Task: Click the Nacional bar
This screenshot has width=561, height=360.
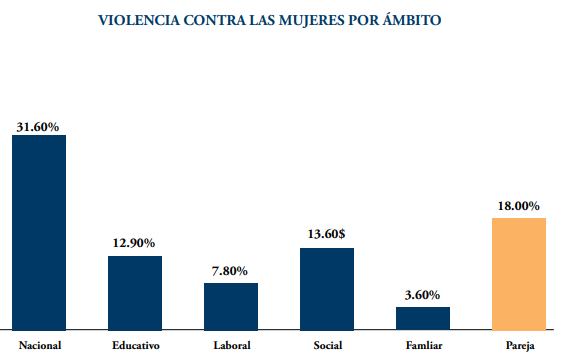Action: tap(39, 233)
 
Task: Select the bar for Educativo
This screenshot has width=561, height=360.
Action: tap(135, 293)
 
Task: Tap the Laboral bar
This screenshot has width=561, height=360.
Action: tap(231, 307)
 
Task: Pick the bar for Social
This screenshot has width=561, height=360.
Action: tap(327, 289)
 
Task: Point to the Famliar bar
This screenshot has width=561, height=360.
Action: tap(423, 318)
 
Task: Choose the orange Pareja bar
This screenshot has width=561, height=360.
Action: tap(519, 274)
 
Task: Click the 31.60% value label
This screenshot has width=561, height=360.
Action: tap(38, 127)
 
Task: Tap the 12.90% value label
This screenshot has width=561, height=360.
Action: tap(134, 243)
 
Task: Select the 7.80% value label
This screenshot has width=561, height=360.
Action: tap(230, 271)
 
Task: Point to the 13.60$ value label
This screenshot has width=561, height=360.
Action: tap(326, 234)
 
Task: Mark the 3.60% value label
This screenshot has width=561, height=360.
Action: tap(422, 295)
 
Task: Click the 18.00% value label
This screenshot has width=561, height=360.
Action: tap(518, 206)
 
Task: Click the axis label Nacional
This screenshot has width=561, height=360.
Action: tap(40, 345)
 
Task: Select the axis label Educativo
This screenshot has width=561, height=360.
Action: tap(136, 345)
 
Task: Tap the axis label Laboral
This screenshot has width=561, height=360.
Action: tap(232, 345)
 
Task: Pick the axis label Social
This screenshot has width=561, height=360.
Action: tap(328, 345)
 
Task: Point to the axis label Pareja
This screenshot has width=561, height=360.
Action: tap(520, 346)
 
